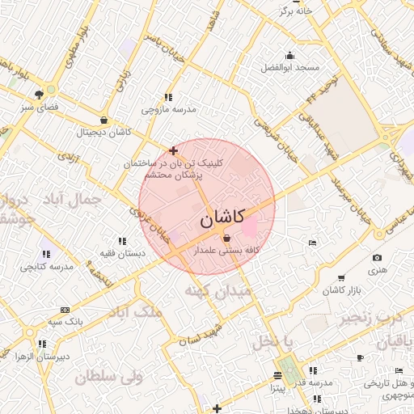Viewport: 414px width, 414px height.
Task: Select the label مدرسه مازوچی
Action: [169, 108]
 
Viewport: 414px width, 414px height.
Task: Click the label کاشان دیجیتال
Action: [103, 131]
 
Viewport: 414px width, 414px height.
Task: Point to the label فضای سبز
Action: [39, 106]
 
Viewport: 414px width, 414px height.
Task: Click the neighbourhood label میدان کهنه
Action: [217, 290]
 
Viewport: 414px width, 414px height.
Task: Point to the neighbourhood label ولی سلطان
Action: [108, 376]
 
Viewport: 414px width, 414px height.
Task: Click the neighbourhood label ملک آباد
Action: [136, 312]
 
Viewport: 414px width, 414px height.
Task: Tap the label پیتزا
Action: [277, 388]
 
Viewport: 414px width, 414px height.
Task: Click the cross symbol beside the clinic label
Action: [173, 150]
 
